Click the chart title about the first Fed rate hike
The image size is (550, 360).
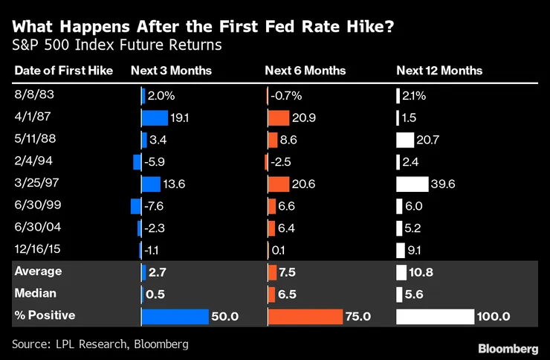203,27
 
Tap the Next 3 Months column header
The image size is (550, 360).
171,71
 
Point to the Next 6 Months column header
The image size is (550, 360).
305,71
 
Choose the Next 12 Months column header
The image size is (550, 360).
439,71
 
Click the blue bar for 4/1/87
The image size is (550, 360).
155,118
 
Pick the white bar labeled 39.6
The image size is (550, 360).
412,184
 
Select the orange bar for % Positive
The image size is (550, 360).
305,316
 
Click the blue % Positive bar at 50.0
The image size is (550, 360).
175,316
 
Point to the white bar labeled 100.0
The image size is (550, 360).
436,316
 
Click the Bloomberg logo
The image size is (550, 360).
508,348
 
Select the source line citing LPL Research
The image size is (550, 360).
100,344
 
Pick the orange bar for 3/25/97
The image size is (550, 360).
279,184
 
